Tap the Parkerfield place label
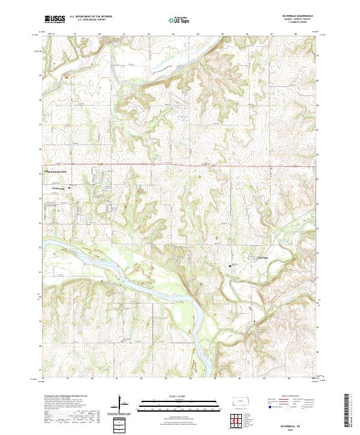(x=57, y=186)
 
